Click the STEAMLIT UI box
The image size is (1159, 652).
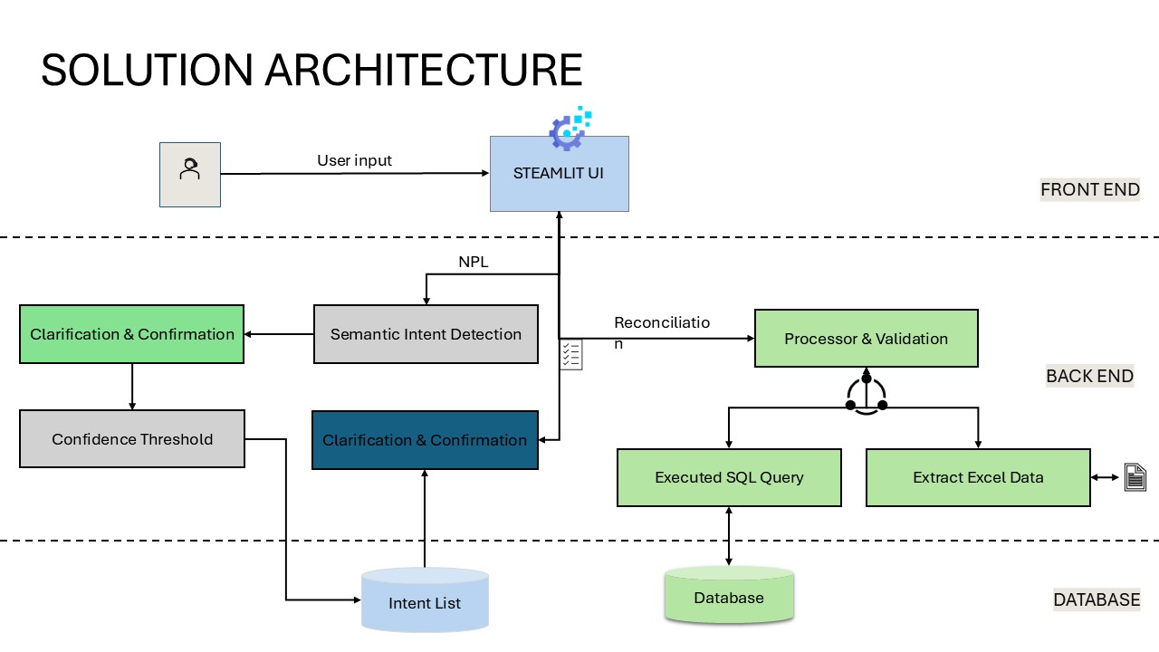pos(559,174)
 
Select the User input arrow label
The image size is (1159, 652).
pos(354,160)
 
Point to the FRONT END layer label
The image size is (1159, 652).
pos(1089,190)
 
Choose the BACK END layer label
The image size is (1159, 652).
pos(1089,376)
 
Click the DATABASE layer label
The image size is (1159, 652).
pos(1096,599)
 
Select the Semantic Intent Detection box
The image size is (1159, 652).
pos(426,335)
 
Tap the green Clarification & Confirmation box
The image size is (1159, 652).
pos(131,335)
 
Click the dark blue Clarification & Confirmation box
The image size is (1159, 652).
pos(425,440)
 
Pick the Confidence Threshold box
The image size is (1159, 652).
pos(132,439)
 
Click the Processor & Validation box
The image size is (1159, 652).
pos(866,339)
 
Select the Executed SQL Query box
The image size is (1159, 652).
pos(729,477)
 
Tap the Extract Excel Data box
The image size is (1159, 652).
pos(978,477)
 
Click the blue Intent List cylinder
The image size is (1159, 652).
pos(425,601)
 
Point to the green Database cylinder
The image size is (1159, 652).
pos(729,597)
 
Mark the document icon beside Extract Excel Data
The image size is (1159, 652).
pos(1135,477)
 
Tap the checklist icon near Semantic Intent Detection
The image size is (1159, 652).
pos(570,355)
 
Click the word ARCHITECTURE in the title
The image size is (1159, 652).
pos(424,70)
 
